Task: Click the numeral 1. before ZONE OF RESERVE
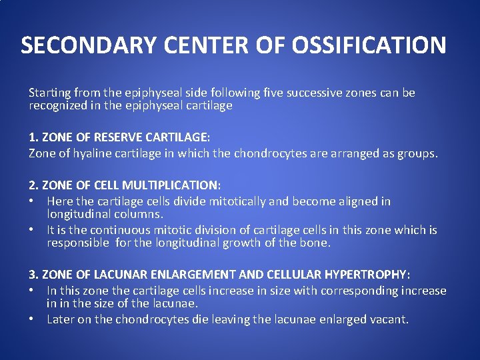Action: pos(33,137)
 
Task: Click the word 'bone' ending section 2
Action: pos(315,243)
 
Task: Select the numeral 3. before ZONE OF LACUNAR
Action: pos(33,275)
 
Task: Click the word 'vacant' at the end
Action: pos(389,319)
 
